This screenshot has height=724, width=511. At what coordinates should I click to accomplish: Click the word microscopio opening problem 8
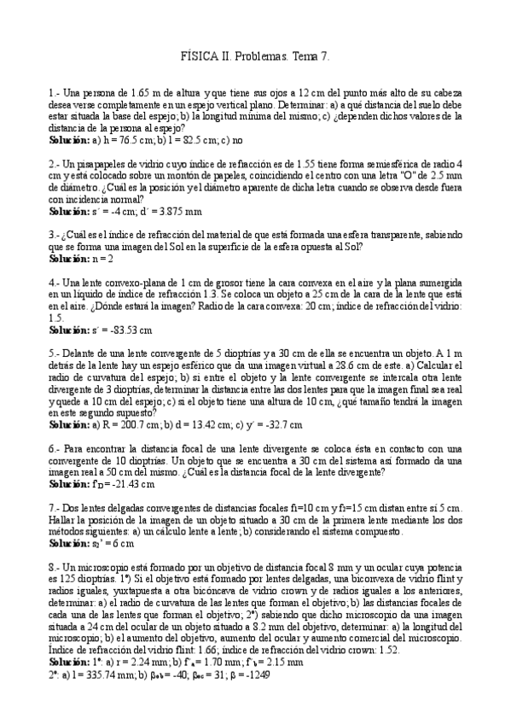click(x=101, y=567)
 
